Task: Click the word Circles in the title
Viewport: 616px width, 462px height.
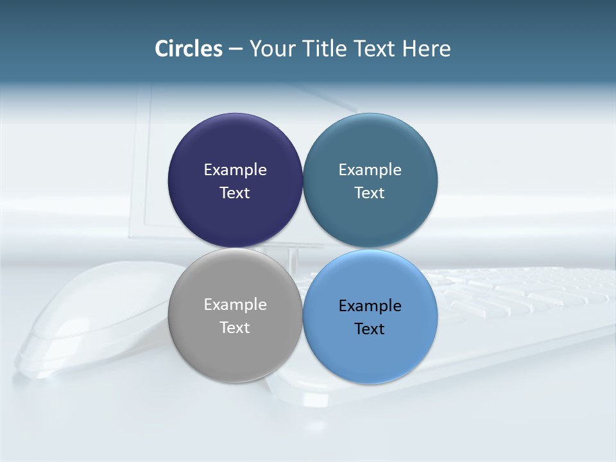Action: pyautogui.click(x=189, y=49)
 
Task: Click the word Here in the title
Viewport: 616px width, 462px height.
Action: pyautogui.click(x=426, y=49)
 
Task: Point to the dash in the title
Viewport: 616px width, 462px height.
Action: pyautogui.click(x=235, y=49)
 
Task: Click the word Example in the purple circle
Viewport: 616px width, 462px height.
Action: pyautogui.click(x=235, y=170)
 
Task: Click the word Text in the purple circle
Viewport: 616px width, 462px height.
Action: pyautogui.click(x=235, y=193)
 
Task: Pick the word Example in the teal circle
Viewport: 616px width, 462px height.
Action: pyautogui.click(x=370, y=170)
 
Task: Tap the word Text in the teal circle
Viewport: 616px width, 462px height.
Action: pyautogui.click(x=370, y=193)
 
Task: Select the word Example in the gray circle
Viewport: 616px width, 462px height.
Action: pyautogui.click(x=235, y=305)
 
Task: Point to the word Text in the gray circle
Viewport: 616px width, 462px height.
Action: pyautogui.click(x=235, y=328)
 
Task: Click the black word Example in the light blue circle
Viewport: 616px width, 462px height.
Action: pyautogui.click(x=370, y=306)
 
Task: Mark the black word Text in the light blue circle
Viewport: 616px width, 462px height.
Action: pyautogui.click(x=370, y=329)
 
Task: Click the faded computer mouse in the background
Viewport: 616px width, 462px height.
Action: pyautogui.click(x=96, y=321)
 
